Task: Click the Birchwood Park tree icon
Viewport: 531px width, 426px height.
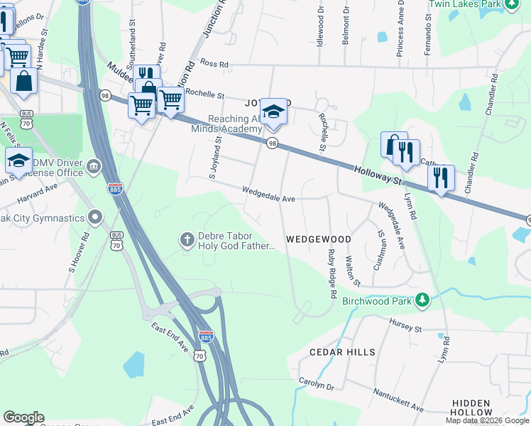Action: click(x=423, y=300)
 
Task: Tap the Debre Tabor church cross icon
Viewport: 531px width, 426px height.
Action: click(x=187, y=240)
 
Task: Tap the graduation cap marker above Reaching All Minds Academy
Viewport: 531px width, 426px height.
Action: click(x=273, y=112)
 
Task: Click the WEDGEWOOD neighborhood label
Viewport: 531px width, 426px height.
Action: click(x=319, y=240)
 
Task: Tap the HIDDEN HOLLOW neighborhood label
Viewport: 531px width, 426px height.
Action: click(x=471, y=407)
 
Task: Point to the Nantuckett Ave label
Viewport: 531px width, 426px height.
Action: click(x=400, y=400)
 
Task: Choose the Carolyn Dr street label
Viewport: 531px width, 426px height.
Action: click(x=316, y=384)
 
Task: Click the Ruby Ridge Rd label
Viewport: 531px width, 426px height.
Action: click(x=331, y=273)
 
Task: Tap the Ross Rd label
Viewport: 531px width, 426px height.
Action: click(x=214, y=64)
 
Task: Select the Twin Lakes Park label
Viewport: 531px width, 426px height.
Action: click(x=461, y=4)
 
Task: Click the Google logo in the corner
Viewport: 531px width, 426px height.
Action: click(x=23, y=417)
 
